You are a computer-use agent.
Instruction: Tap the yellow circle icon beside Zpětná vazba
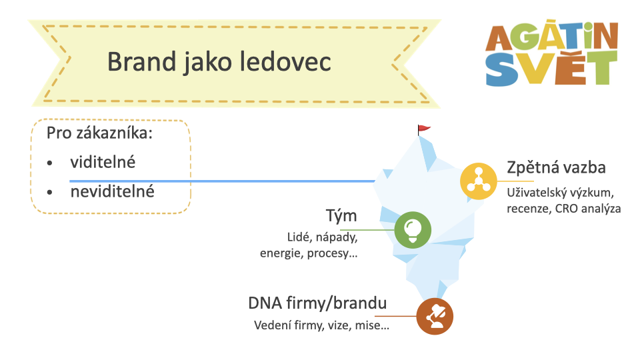[479, 181]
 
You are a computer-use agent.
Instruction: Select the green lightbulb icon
[413, 230]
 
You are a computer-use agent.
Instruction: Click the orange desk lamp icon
[435, 316]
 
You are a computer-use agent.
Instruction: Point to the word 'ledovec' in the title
[285, 61]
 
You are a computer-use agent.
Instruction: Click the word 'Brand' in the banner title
[141, 61]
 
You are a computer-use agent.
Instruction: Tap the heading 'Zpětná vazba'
[556, 168]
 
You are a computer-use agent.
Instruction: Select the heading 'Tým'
[341, 216]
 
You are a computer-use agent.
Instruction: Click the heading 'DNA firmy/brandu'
[317, 303]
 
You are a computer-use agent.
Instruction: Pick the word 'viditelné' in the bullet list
[103, 162]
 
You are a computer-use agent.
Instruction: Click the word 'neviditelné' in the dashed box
[112, 191]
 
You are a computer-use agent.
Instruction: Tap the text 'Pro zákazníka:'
[99, 133]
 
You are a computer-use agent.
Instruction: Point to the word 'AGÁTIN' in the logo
[552, 35]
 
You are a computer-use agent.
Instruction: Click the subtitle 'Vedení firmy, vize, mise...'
[321, 325]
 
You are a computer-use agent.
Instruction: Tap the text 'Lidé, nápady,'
[323, 237]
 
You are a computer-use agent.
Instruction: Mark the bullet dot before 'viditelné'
[50, 163]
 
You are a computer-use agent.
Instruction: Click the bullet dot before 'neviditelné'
[50, 192]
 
